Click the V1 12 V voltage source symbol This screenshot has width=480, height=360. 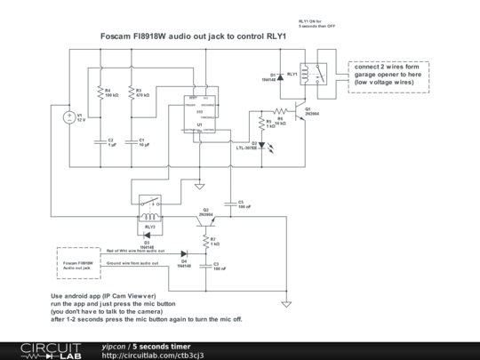69,117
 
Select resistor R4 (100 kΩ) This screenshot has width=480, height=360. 97,92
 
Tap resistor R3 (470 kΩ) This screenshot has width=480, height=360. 130,92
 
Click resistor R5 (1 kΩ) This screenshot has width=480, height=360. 261,124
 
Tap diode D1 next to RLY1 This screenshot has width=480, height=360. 280,76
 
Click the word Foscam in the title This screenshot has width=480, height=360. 127,37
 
